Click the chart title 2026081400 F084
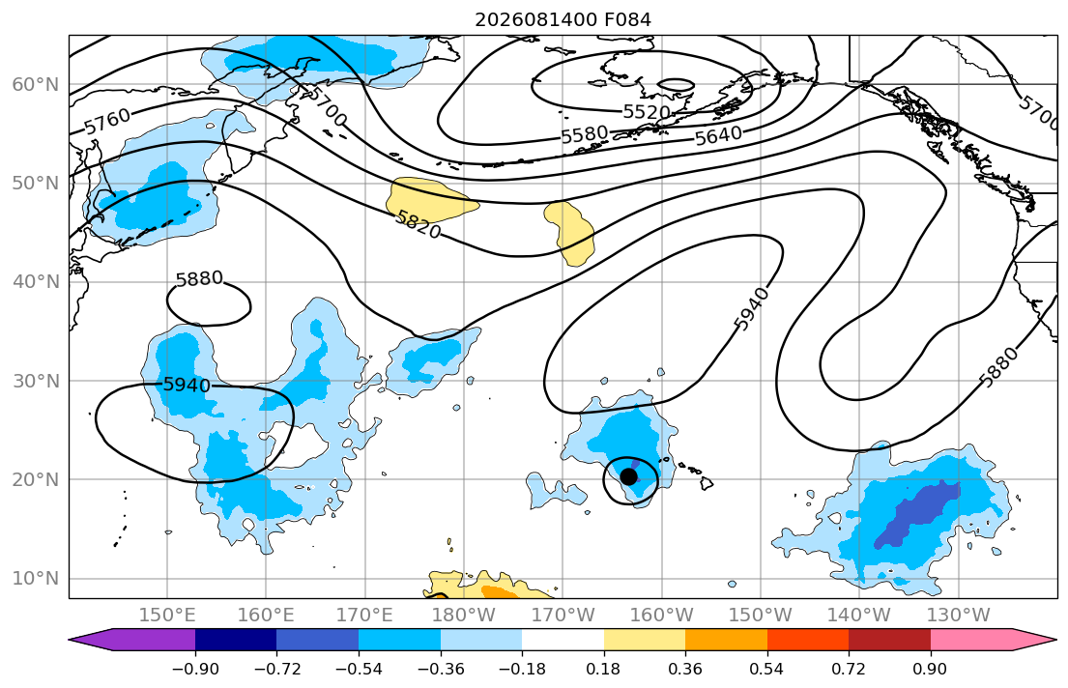(563, 19)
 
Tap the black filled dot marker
(628, 476)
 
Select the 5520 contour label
(647, 112)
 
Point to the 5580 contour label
(585, 134)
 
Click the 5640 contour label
(718, 136)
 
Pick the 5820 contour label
(419, 223)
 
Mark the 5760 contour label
(107, 121)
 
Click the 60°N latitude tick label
(36, 84)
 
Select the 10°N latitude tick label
(36, 579)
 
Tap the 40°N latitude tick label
(36, 281)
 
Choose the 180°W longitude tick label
(464, 616)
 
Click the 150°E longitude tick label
(167, 616)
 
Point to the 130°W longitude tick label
(959, 616)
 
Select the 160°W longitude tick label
(661, 616)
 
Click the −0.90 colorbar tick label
(195, 669)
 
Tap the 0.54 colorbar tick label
(767, 669)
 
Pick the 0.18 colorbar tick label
(603, 669)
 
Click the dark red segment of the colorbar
(889, 640)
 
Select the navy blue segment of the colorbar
(236, 640)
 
